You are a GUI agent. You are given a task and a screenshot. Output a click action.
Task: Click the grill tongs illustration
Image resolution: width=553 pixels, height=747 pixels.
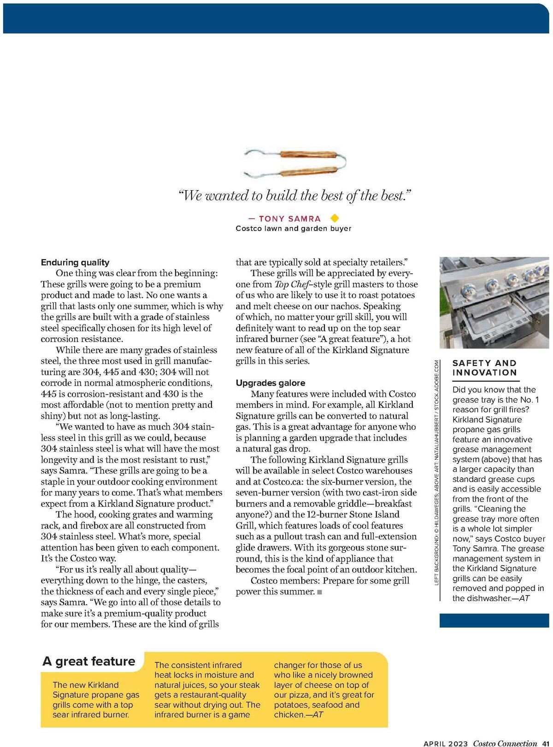coord(295,162)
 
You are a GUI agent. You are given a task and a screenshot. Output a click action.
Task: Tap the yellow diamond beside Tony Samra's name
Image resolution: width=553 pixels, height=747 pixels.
coord(335,218)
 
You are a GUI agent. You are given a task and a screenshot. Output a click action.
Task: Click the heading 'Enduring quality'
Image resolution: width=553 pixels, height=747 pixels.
coord(75,262)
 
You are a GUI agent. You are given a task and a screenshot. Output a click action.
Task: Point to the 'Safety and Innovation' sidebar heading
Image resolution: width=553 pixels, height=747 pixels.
coord(484,368)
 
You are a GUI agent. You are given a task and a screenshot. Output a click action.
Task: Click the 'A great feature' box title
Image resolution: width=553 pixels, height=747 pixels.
coord(89,661)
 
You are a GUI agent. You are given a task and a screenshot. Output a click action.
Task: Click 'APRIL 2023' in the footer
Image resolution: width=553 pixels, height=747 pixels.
coord(445,743)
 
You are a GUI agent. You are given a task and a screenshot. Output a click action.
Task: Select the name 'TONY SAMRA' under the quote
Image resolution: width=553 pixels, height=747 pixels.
coord(289,219)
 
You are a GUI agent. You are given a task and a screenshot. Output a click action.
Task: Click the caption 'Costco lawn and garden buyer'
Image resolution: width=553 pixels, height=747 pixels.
coord(293,228)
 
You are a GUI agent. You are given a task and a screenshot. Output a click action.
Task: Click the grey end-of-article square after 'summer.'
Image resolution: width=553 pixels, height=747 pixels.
coord(320,592)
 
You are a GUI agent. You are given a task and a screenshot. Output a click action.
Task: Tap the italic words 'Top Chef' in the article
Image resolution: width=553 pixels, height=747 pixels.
coord(292,284)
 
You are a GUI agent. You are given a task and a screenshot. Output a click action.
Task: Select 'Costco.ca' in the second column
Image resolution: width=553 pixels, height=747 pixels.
coord(282,482)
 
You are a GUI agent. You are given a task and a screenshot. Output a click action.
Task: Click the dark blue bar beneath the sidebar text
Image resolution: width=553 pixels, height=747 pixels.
coord(494,620)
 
